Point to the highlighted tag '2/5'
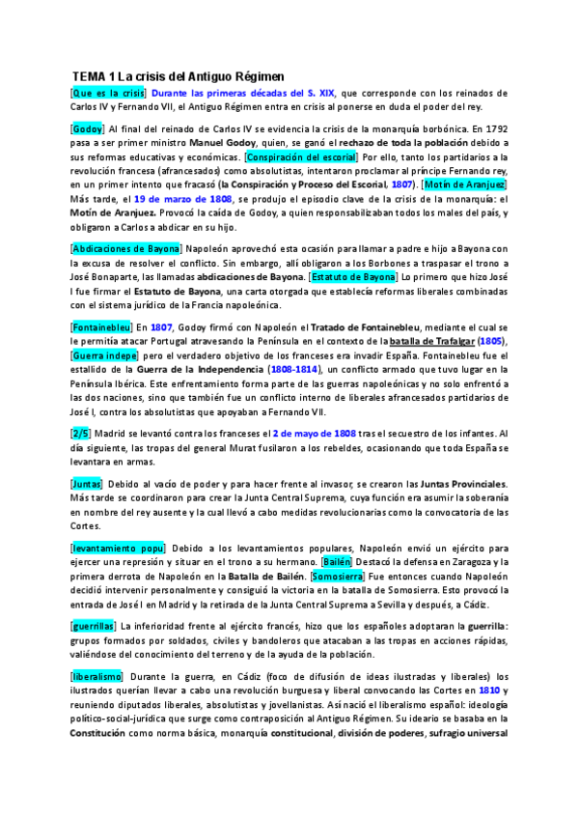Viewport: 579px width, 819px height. tap(83, 434)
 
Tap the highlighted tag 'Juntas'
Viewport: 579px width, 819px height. tap(90, 484)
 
